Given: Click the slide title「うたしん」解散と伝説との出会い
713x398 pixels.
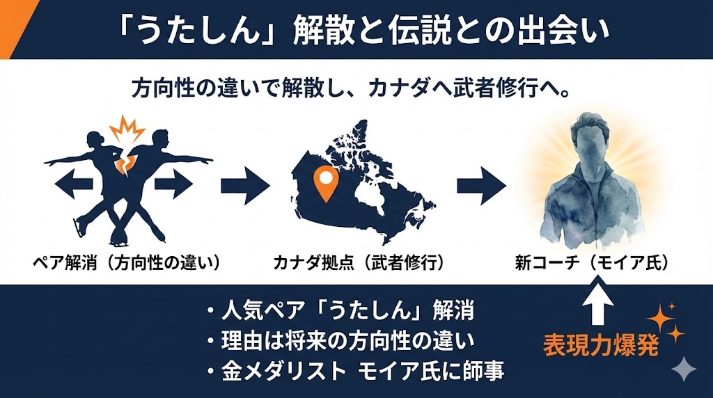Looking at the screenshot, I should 356,30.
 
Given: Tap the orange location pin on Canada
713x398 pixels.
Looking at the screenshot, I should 324,180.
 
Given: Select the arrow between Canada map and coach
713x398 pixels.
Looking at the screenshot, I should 481,184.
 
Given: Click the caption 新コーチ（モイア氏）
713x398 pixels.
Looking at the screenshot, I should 592,263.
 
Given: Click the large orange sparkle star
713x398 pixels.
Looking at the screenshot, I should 661,321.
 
